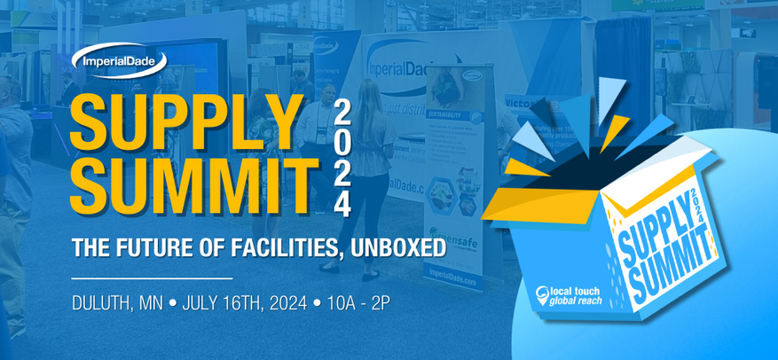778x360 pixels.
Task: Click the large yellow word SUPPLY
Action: click(186, 121)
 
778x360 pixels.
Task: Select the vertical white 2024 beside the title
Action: click(343, 157)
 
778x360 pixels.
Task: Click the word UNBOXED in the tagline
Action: click(392, 247)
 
